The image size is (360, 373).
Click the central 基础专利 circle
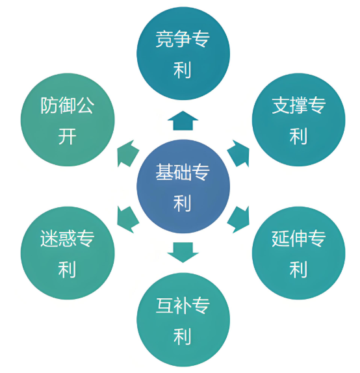pyautogui.click(x=183, y=186)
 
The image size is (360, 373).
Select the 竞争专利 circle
pyautogui.click(x=183, y=53)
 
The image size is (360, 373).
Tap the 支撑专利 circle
pyautogui.click(x=298, y=120)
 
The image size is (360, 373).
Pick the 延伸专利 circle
pyautogui.click(x=298, y=253)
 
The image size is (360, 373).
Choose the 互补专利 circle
pyautogui.click(x=183, y=320)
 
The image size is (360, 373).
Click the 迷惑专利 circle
pyautogui.click(x=68, y=253)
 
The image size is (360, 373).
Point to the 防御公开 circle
pyautogui.click(x=68, y=120)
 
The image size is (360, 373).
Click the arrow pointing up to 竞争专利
pyautogui.click(x=183, y=121)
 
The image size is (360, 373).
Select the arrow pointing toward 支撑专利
pyautogui.click(x=239, y=153)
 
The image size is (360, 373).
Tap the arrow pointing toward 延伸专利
pyautogui.click(x=239, y=220)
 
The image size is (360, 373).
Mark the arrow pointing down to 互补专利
pyautogui.click(x=183, y=252)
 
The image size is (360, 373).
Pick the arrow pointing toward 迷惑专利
pyautogui.click(x=127, y=220)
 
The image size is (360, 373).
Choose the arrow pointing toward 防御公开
pyautogui.click(x=127, y=153)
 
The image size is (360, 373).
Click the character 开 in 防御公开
pyautogui.click(x=67, y=136)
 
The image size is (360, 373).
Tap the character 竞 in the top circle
pyautogui.click(x=164, y=39)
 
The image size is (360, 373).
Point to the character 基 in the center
pyautogui.click(x=164, y=172)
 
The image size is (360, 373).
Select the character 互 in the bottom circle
pyautogui.click(x=164, y=305)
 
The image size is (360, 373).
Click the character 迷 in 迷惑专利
pyautogui.click(x=49, y=238)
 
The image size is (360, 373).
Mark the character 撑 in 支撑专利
pyautogui.click(x=298, y=105)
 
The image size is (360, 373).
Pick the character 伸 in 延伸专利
pyautogui.click(x=298, y=238)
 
